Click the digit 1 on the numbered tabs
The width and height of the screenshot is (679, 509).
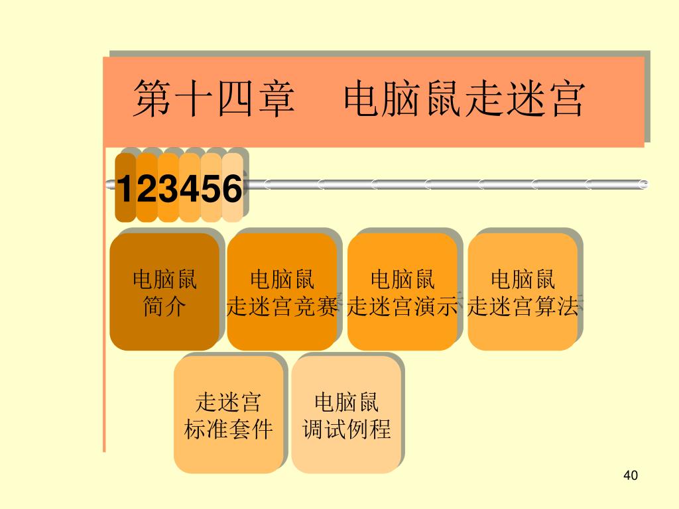pos(125,190)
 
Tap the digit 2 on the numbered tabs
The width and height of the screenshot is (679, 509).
pos(147,190)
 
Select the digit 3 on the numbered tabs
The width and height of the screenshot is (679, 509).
pos(168,190)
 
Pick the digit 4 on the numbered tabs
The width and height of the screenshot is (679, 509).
pos(190,190)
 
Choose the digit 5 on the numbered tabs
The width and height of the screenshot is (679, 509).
pos(211,190)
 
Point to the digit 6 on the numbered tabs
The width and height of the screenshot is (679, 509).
pos(231,190)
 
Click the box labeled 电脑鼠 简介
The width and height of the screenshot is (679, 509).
pos(164,292)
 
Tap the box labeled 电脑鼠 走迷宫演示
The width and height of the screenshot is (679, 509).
pos(402,292)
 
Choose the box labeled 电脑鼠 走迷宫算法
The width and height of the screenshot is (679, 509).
pos(523,292)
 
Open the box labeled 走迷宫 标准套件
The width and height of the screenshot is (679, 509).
pos(228,414)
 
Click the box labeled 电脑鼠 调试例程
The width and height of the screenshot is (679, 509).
pos(346,414)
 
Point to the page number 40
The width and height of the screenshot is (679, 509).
pos(631,475)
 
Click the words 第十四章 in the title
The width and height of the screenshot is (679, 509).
pos(214,99)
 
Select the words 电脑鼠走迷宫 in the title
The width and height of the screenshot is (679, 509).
pos(465,99)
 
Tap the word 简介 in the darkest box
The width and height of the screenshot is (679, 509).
pos(164,306)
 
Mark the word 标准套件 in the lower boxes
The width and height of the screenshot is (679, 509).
pos(228,429)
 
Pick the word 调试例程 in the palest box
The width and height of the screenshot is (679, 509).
pos(346,429)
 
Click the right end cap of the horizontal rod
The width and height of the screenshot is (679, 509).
pos(643,184)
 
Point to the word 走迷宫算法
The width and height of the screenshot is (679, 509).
pos(523,306)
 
